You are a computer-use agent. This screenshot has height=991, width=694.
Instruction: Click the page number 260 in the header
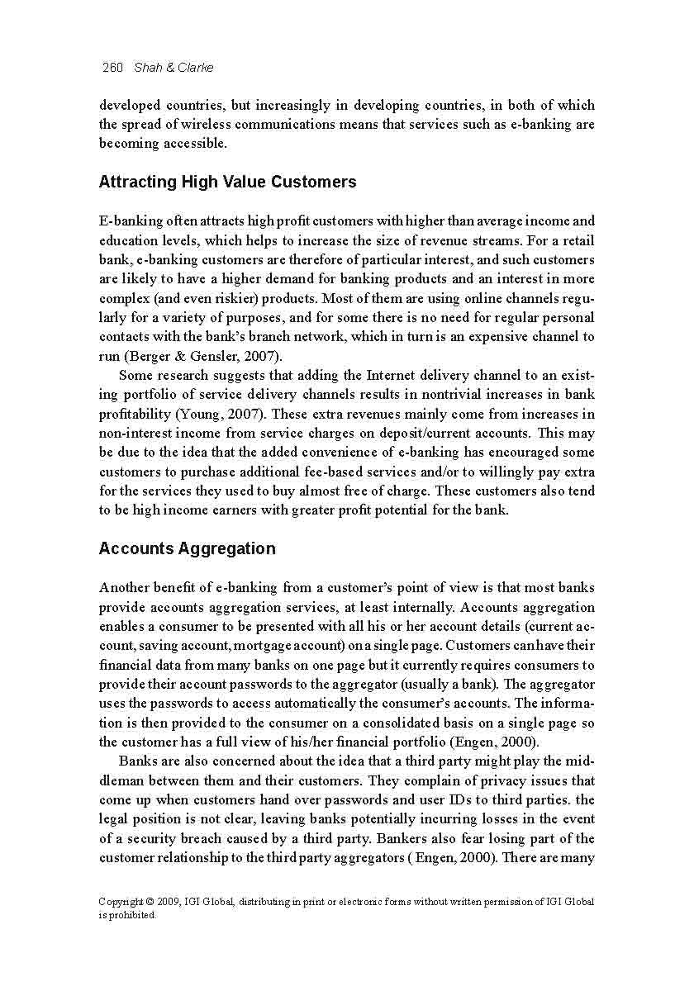112,68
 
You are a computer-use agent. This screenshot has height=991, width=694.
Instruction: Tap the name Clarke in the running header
195,68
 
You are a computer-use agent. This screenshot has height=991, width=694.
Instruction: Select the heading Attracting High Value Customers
227,182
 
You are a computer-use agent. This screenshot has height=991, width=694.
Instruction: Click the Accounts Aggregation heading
187,548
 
